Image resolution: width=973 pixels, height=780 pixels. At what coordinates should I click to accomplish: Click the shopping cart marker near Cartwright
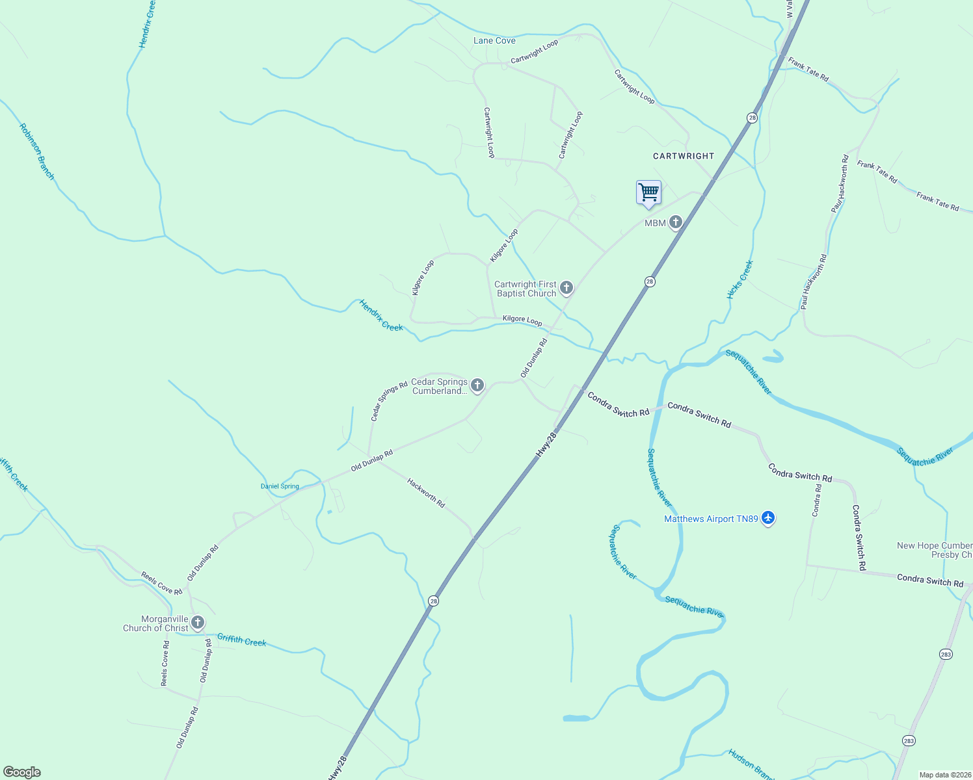click(x=648, y=193)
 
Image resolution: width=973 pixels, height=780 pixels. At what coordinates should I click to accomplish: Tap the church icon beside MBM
click(x=676, y=223)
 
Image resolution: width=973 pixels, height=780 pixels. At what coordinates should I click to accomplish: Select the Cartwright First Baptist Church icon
click(x=566, y=287)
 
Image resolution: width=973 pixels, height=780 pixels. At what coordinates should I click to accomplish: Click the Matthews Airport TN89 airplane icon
click(x=768, y=519)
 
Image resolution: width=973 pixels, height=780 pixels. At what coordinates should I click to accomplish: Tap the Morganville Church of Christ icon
click(x=198, y=623)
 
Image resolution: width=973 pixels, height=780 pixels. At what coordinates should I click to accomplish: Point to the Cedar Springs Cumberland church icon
click(x=477, y=385)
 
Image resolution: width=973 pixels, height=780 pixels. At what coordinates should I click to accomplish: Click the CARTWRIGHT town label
click(x=684, y=156)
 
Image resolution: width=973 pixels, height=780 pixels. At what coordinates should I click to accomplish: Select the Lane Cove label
click(x=494, y=40)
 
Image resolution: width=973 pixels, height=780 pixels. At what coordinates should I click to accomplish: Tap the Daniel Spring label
click(x=280, y=486)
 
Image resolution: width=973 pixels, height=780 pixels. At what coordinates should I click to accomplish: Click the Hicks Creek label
click(x=740, y=279)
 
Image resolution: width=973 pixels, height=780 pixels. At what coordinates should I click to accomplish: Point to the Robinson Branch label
click(x=37, y=151)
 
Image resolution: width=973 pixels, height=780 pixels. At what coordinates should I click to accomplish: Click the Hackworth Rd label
click(x=426, y=493)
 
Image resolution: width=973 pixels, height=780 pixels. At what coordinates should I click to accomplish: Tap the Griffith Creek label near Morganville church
click(x=242, y=640)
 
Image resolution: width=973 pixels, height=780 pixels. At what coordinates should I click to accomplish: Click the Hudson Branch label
click(x=751, y=764)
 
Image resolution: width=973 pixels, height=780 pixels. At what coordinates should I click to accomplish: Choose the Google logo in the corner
click(x=22, y=772)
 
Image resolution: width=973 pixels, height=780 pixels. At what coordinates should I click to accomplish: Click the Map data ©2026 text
click(x=944, y=775)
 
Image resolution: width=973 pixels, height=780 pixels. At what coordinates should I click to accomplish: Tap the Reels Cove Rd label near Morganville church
click(x=162, y=584)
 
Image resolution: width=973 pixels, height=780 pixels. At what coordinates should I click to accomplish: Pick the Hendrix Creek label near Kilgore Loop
click(x=381, y=315)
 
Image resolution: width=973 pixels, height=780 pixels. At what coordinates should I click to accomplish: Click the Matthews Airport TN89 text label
click(x=711, y=519)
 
